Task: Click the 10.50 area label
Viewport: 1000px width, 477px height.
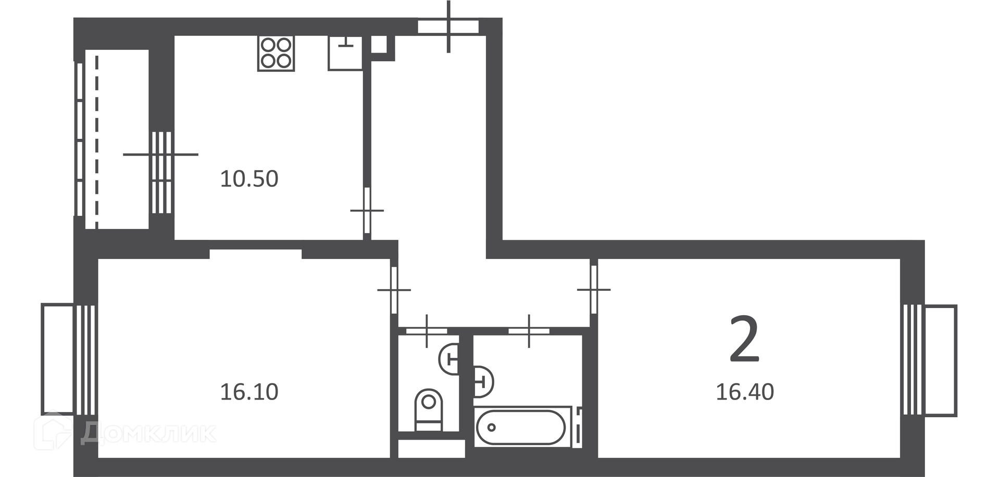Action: coord(249,179)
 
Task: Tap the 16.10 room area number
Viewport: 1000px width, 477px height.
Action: coord(249,392)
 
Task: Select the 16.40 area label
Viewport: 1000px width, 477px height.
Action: coord(745,392)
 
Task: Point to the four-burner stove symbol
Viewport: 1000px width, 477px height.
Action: coord(276,53)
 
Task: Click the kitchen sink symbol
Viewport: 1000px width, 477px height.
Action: coord(345,53)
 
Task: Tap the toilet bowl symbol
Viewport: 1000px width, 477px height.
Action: coord(429,410)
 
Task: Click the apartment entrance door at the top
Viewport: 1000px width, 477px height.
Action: coord(448,27)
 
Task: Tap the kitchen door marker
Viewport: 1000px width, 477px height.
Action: coord(367,211)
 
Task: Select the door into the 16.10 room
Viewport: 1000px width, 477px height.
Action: coord(394,290)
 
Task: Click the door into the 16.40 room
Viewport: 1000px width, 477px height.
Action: coord(594,289)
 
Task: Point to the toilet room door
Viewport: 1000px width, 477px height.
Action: coord(427,331)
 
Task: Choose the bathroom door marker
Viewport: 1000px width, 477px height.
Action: coord(529,331)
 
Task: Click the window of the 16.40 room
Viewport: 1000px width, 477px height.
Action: coord(930,360)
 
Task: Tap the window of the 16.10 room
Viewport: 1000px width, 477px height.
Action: coord(69,360)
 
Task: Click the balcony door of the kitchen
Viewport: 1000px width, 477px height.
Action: coord(161,173)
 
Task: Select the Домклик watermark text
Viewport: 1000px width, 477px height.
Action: coord(148,433)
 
